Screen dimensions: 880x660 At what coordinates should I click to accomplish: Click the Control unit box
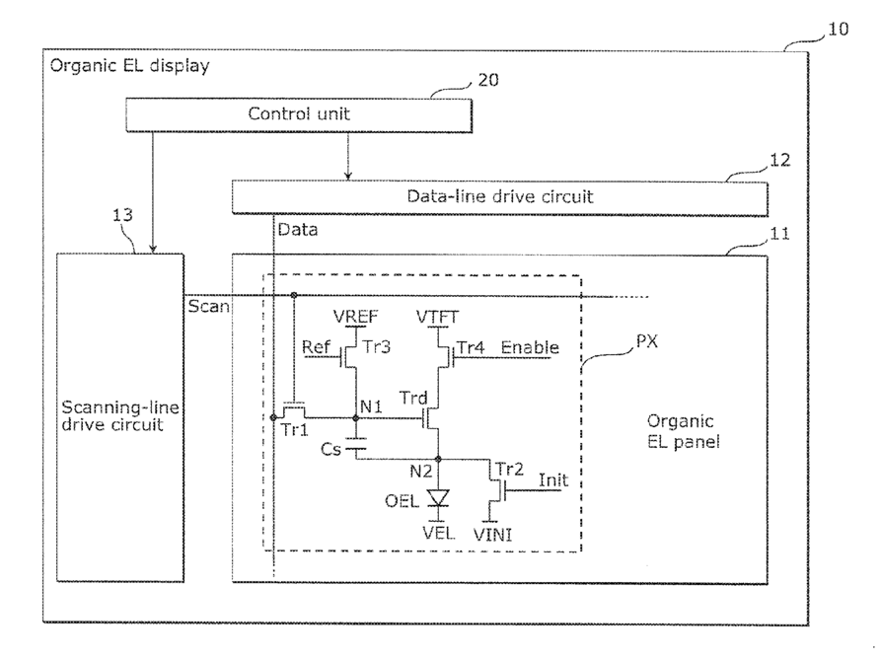(299, 115)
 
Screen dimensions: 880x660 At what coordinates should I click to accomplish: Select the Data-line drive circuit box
(500, 197)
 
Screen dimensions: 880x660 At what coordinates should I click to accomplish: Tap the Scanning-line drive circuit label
(120, 416)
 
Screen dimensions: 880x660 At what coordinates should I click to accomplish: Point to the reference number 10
(838, 30)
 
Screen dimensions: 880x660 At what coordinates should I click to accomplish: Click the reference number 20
(487, 80)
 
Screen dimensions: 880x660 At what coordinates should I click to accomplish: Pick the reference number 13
(123, 215)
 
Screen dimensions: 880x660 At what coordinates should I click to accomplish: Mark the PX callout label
(646, 341)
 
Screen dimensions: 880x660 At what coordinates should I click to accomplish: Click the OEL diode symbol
(438, 498)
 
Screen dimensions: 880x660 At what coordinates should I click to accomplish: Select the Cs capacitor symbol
(355, 443)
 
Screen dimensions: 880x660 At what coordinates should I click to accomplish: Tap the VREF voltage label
(355, 317)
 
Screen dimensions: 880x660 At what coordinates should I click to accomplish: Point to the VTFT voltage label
(437, 317)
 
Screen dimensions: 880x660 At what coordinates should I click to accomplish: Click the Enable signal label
(530, 347)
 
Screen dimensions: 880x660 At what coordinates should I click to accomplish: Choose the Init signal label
(553, 479)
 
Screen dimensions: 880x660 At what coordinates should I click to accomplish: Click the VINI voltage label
(492, 535)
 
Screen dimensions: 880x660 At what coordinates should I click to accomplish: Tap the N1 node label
(371, 406)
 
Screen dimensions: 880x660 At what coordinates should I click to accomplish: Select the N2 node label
(421, 472)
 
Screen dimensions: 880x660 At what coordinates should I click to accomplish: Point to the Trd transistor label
(413, 398)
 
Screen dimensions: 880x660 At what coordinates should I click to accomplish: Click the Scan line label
(208, 307)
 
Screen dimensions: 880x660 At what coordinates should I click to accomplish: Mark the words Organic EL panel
(683, 431)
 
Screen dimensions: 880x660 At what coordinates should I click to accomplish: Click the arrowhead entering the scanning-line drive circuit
(153, 249)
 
